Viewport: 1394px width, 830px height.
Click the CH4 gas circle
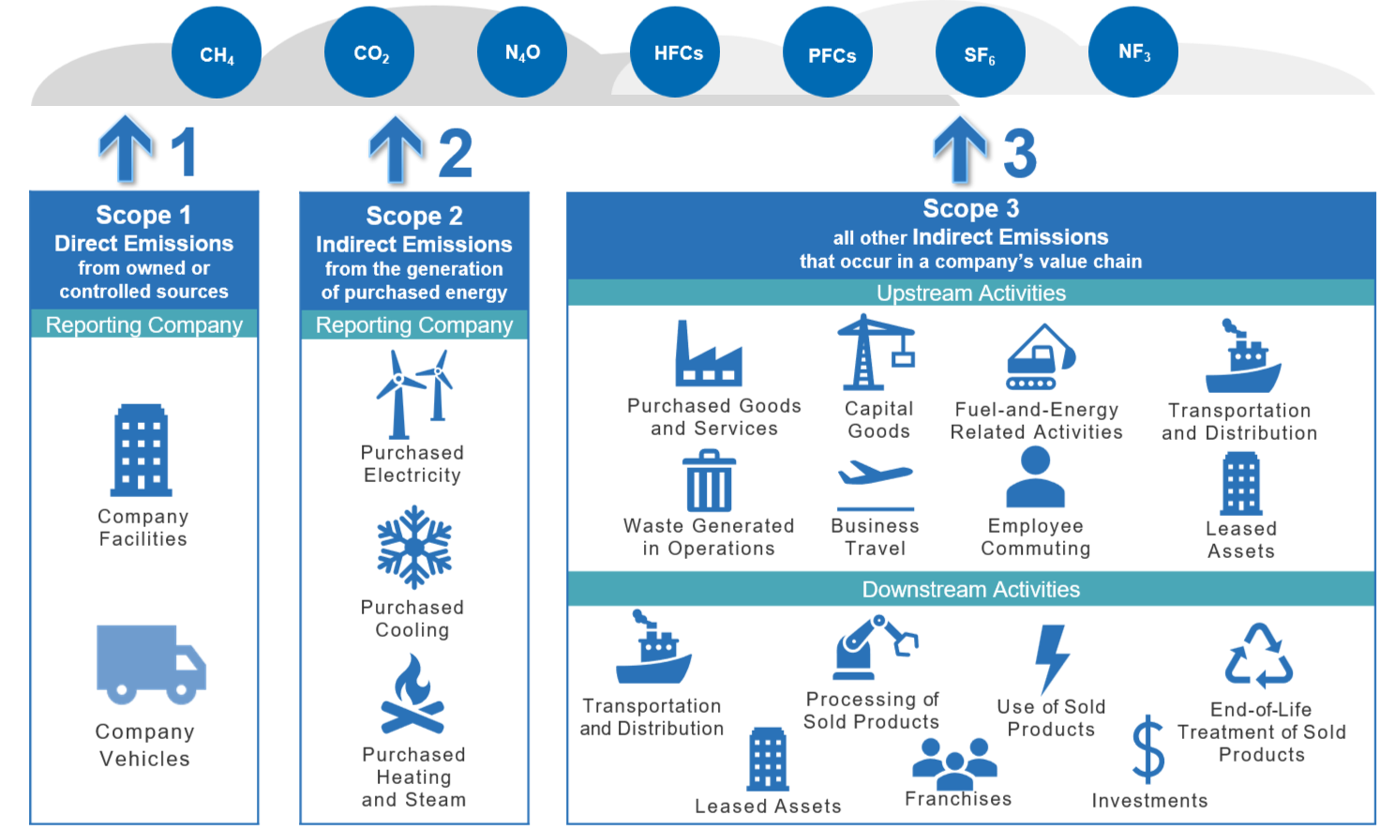[217, 53]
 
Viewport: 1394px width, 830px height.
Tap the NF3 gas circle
[1133, 53]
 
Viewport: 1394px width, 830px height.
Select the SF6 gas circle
[980, 53]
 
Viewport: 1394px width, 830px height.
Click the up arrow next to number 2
[397, 150]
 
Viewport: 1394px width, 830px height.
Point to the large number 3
[1020, 153]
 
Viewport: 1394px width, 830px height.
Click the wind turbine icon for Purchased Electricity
[413, 394]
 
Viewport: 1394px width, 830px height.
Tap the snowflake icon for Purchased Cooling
[414, 547]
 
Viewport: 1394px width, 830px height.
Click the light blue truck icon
[150, 664]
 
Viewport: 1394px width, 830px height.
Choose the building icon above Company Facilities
[142, 450]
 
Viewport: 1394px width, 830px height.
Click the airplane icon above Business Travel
[875, 473]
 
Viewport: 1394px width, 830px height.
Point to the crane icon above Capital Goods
[875, 353]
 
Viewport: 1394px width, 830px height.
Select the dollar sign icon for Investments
[1148, 749]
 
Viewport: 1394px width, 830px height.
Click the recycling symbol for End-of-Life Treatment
[1259, 656]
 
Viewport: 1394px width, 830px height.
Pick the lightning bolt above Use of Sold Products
[1052, 657]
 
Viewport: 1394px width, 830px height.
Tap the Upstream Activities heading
[971, 294]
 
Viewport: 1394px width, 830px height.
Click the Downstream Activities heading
[971, 590]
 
